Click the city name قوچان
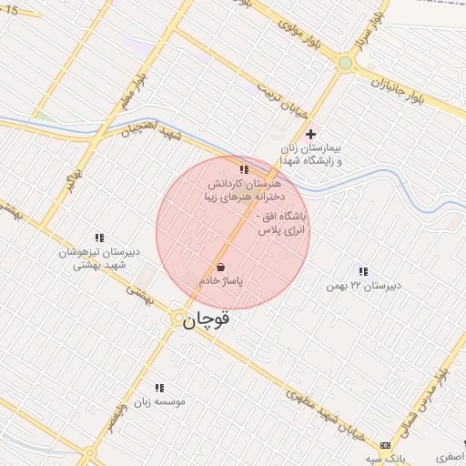[x=207, y=320]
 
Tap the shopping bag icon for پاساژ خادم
[x=221, y=268]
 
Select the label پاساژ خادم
[x=222, y=282]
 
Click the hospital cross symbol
[x=310, y=134]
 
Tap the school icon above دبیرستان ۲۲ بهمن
[x=363, y=271]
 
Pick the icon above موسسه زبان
[x=160, y=388]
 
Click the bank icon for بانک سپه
[x=386, y=445]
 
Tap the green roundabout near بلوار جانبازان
[x=345, y=63]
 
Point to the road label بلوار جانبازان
[x=405, y=90]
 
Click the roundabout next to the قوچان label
[x=177, y=318]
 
